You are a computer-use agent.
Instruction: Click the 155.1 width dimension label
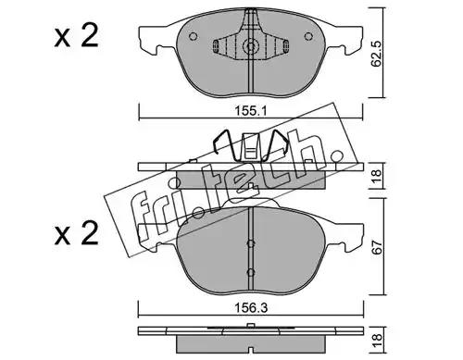[x=250, y=110]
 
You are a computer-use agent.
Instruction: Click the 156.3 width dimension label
[x=251, y=307]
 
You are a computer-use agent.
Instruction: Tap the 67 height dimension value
[x=378, y=246]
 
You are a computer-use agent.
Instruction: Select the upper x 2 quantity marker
[x=77, y=36]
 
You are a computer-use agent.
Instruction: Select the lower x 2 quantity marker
[x=77, y=233]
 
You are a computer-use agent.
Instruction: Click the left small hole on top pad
[x=193, y=36]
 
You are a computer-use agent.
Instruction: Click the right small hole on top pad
[x=308, y=36]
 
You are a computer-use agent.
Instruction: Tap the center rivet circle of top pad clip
[x=251, y=46]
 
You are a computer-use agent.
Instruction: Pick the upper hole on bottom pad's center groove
[x=251, y=243]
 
